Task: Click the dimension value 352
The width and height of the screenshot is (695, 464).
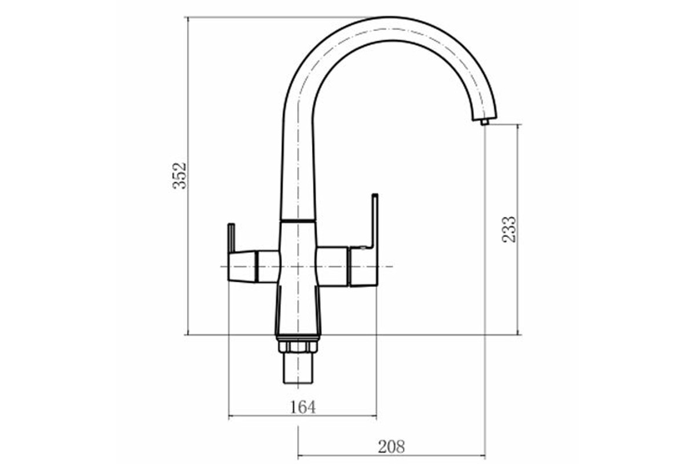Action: click(180, 176)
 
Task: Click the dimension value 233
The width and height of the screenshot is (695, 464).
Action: click(509, 229)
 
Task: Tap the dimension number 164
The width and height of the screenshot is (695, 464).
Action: click(302, 407)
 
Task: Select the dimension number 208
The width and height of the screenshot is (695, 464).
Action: click(392, 447)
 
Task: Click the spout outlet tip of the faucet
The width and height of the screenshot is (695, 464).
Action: click(485, 122)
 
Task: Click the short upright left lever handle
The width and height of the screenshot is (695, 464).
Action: click(231, 238)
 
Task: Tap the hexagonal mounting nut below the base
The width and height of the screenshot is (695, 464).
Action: click(298, 347)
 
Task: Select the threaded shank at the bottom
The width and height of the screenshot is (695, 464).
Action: click(298, 368)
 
